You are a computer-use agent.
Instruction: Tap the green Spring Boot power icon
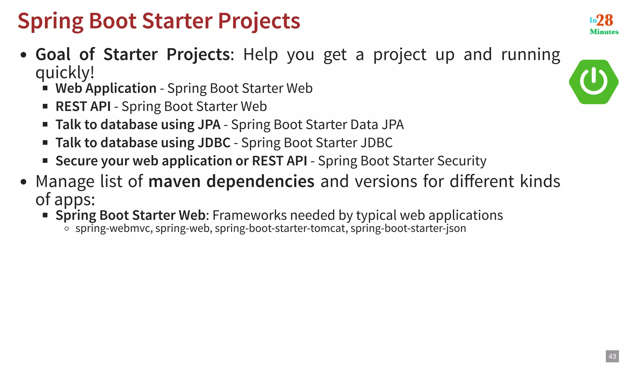pos(593,82)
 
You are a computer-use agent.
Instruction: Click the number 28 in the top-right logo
pos(605,20)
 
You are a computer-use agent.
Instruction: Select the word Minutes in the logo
pos(604,32)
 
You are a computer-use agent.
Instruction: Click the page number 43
pos(612,356)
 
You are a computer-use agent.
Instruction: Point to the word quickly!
pos(65,72)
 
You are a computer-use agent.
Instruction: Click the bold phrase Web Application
pos(106,88)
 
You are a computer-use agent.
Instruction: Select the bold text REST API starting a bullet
pos(83,107)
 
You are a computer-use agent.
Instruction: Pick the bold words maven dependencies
pos(231,181)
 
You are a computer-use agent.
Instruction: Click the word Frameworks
pos(249,215)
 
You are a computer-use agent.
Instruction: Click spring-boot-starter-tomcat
pos(280,228)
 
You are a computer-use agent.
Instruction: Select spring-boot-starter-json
pos(408,228)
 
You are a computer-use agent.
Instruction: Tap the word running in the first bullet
pos(530,55)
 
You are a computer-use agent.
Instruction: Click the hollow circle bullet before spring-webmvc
pos(67,228)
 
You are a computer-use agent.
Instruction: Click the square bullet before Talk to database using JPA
pos(45,125)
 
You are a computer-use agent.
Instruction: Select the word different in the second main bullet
pos(482,181)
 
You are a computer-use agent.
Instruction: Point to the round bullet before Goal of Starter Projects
pos(23,55)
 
